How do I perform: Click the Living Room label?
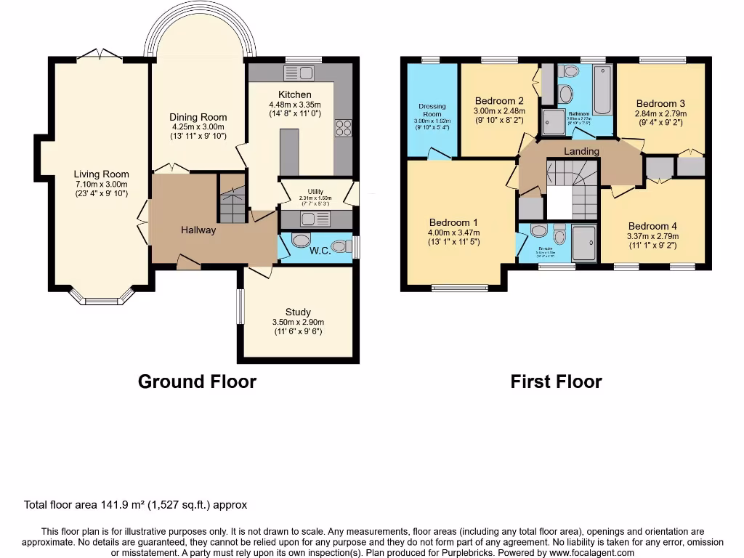pos(101,174)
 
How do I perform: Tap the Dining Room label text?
pos(198,117)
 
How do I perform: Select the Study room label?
pos(298,312)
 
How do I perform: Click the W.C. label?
pos(320,251)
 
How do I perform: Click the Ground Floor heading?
pos(197,381)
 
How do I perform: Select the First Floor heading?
pos(556,381)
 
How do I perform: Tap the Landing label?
pos(582,151)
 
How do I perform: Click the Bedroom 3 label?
pos(660,104)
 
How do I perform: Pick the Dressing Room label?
pos(432,110)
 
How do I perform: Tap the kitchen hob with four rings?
pos(343,128)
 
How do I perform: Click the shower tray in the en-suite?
pos(583,243)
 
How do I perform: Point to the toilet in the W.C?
pos(299,240)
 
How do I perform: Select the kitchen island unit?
pos(288,151)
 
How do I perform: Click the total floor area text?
pos(136,505)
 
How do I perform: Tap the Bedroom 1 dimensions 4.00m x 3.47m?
pos(453,232)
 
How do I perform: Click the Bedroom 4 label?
pos(653,226)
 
